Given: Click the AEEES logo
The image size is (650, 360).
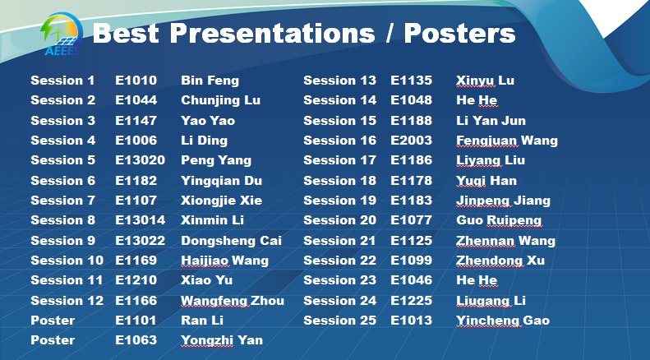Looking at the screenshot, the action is [x=62, y=34].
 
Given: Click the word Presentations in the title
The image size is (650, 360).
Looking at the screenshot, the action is [x=272, y=33].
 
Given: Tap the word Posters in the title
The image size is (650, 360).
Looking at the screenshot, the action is [x=459, y=33].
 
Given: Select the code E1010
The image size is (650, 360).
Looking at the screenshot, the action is [x=136, y=80].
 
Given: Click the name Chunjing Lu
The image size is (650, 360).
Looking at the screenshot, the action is [x=220, y=100].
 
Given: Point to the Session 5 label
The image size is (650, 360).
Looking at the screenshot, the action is [x=62, y=160].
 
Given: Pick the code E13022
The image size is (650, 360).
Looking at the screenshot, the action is [x=141, y=241].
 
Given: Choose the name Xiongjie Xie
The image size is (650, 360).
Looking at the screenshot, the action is [x=221, y=201].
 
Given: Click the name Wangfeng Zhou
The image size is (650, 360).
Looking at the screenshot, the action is [x=233, y=301].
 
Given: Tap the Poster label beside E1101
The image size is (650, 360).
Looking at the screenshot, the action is [x=53, y=321].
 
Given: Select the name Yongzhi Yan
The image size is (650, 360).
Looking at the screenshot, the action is [x=222, y=340].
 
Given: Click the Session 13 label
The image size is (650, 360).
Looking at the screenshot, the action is [x=339, y=80].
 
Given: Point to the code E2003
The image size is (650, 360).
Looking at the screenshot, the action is [x=411, y=141].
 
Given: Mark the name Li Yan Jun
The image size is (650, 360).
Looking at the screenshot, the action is [x=491, y=120].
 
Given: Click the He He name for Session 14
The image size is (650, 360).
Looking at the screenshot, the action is [x=477, y=100].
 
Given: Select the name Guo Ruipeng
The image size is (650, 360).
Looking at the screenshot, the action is [x=499, y=220].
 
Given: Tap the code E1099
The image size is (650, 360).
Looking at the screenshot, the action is [x=411, y=260].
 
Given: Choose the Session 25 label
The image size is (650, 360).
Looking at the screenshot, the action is [x=339, y=321].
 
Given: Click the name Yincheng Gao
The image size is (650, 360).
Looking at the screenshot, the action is [x=503, y=321].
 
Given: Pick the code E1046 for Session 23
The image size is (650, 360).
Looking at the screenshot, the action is [x=411, y=280].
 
